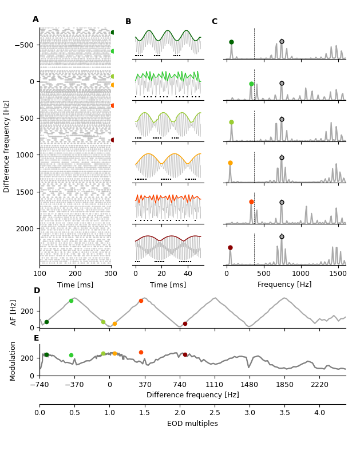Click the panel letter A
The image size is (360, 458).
(x=35, y=19)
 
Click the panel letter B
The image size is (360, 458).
(x=128, y=22)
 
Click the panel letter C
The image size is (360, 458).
(x=215, y=22)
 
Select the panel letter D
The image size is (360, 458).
(x=37, y=291)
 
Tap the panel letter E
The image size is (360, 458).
(x=37, y=338)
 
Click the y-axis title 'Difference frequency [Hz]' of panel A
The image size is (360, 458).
(x=7, y=146)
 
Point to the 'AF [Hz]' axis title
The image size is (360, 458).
(x=14, y=312)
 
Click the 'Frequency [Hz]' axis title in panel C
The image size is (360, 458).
(x=284, y=285)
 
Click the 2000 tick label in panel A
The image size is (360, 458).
(x=25, y=228)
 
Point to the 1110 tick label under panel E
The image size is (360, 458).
(x=215, y=385)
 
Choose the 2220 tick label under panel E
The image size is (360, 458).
(x=319, y=385)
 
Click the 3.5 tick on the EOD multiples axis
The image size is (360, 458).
(x=284, y=413)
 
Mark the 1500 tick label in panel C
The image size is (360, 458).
(x=338, y=274)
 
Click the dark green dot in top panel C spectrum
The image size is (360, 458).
(x=231, y=42)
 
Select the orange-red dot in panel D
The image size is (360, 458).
(x=141, y=301)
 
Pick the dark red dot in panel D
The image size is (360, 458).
(x=185, y=323)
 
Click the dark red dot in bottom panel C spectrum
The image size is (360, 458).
(x=230, y=247)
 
